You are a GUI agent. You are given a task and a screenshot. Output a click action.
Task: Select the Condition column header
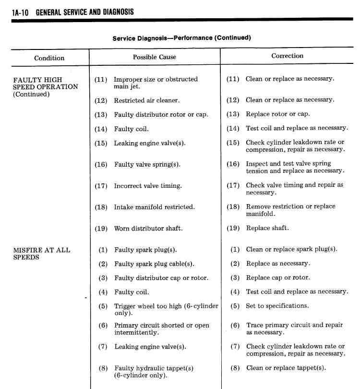tap(49, 58)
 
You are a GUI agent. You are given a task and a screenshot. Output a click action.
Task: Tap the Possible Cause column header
tap(154, 57)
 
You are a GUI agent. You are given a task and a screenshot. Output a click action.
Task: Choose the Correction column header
tap(287, 56)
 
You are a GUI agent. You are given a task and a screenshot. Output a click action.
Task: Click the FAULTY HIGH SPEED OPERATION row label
tap(45, 87)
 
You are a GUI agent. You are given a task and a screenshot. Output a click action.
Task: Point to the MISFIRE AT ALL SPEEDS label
tap(41, 253)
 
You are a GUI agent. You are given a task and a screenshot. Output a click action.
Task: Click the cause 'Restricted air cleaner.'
tap(146, 100)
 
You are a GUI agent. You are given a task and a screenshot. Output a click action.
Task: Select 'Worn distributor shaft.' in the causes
tap(148, 228)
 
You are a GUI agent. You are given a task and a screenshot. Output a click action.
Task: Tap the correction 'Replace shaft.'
tap(267, 228)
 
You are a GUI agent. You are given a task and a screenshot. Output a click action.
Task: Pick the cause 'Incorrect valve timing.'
tap(147, 185)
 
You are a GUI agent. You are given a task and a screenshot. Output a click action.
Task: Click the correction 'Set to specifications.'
tap(277, 305)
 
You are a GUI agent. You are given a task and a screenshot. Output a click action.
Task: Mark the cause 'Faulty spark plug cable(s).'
tap(154, 264)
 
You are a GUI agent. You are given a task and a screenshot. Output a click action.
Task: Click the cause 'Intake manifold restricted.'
tap(154, 207)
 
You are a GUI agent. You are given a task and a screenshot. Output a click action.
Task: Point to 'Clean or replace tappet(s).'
tap(286, 368)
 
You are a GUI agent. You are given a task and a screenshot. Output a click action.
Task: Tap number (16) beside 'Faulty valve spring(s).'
tap(101, 164)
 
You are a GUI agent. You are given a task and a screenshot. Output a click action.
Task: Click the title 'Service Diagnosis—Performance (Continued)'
tap(181, 38)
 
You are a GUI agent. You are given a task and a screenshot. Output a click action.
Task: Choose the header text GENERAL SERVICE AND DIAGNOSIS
tap(84, 12)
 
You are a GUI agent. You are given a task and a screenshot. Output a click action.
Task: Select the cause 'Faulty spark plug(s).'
tap(145, 250)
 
